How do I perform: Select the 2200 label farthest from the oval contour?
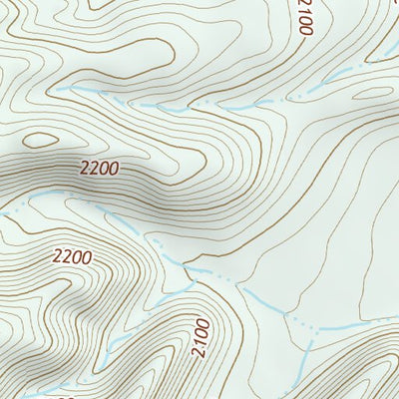[x=72, y=256]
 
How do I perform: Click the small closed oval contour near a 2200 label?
[x=41, y=141]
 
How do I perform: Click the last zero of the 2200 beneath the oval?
[x=114, y=171]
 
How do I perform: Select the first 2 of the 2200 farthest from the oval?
[x=58, y=256]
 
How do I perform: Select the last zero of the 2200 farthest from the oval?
[x=87, y=257]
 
